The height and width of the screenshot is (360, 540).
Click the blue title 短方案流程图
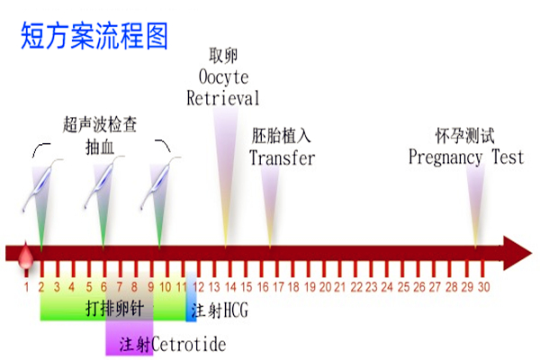coord(94,35)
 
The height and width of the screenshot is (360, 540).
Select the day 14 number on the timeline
coord(230,286)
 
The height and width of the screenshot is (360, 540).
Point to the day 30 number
coord(484,286)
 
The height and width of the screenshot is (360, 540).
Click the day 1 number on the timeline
coord(26,286)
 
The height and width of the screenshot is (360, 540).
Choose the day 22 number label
coord(356,286)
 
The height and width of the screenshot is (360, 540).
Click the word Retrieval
coord(223,98)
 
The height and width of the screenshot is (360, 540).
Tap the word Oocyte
coord(223,76)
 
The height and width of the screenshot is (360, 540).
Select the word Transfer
coord(282,157)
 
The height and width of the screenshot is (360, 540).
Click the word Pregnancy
coord(445,157)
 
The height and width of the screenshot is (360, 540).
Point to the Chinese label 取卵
coord(223,55)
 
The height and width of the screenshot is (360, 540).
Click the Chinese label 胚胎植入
coord(281,135)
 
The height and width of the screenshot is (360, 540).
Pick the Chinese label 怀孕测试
coord(465,135)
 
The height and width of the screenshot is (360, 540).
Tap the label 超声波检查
coord(100,124)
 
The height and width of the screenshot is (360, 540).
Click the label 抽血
coord(100,148)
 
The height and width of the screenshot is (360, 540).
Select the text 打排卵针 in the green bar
coord(114,308)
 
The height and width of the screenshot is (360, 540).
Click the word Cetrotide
coord(189,344)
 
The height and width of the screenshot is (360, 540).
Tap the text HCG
coord(236,310)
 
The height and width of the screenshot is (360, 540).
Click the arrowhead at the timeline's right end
coord(517,253)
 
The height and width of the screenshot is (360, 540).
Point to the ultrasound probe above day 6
coord(103,182)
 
